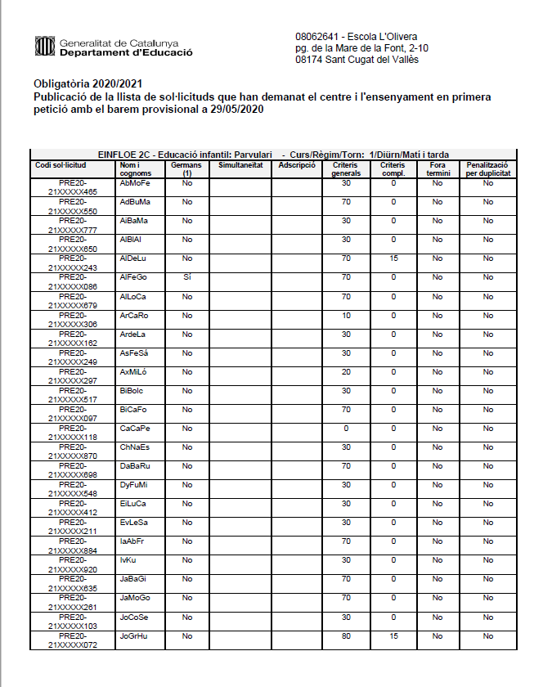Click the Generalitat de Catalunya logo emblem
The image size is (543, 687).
(44, 47)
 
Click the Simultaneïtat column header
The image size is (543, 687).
(240, 164)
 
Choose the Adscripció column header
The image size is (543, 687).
(297, 164)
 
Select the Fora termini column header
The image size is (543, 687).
(438, 168)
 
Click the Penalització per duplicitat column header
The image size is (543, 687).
(487, 168)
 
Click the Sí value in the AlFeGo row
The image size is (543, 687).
(187, 277)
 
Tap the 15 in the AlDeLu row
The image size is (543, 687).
(393, 258)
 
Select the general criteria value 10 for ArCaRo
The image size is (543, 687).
(346, 315)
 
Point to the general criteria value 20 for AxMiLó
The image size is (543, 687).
(346, 372)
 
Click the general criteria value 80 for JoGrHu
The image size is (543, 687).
(346, 635)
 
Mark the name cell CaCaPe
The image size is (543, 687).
(135, 429)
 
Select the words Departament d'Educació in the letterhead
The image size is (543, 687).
(126, 52)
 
